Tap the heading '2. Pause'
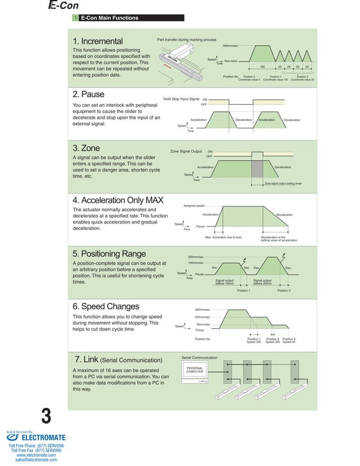pyautogui.click(x=89, y=94)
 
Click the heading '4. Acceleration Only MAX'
pyautogui.click(x=118, y=201)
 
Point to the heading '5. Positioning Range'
pyautogui.click(x=109, y=253)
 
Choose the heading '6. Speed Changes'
pyautogui.click(x=106, y=306)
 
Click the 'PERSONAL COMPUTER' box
pyautogui.click(x=195, y=371)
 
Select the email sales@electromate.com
pyautogui.click(x=36, y=460)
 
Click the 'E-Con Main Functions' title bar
pyautogui.click(x=109, y=18)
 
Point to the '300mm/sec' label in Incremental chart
pyautogui.click(x=230, y=45)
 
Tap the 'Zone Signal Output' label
pyautogui.click(x=186, y=151)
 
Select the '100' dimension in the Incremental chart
pyautogui.click(x=262, y=67)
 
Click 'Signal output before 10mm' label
pyautogui.click(x=225, y=282)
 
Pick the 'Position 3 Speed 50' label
pyautogui.click(x=289, y=340)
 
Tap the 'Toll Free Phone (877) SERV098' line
pyautogui.click(x=36, y=446)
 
